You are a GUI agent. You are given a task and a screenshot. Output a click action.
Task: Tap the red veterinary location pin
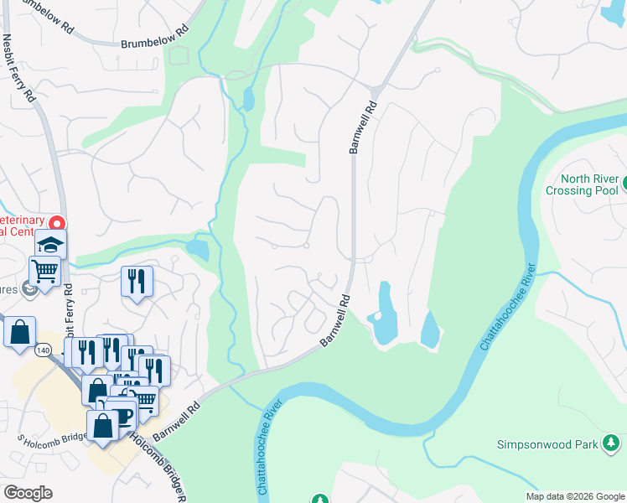(57, 224)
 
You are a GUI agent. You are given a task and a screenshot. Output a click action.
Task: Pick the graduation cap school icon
(50, 244)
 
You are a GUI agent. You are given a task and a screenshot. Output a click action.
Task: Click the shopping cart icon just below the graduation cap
(44, 270)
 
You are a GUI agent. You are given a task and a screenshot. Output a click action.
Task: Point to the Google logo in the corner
(28, 493)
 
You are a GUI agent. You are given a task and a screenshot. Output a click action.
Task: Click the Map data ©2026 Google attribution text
(575, 496)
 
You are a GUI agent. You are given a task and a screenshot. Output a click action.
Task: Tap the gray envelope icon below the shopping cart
(30, 291)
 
